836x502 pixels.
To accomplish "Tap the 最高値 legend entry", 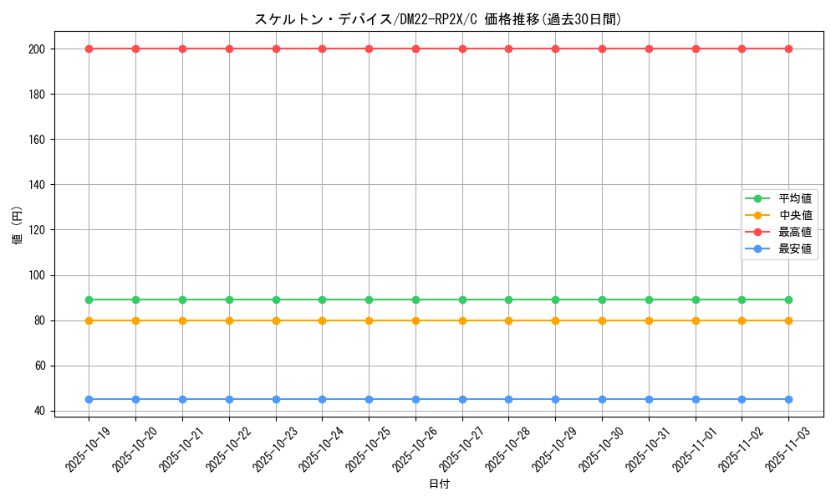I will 794,232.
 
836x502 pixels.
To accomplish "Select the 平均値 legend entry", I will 794,198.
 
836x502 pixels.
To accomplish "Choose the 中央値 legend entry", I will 794,215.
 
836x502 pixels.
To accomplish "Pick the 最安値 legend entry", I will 794,248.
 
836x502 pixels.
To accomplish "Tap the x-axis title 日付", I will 438,484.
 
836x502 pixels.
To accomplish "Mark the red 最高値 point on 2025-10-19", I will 89,49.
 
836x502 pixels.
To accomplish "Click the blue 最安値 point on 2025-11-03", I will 788,399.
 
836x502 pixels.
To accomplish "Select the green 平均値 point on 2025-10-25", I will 369,300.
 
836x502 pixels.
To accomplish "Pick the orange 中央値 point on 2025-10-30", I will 602,320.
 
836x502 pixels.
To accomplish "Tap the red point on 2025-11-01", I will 696,49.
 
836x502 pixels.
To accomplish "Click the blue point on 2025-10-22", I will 229,399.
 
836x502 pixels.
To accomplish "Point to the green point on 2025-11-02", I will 742,300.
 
